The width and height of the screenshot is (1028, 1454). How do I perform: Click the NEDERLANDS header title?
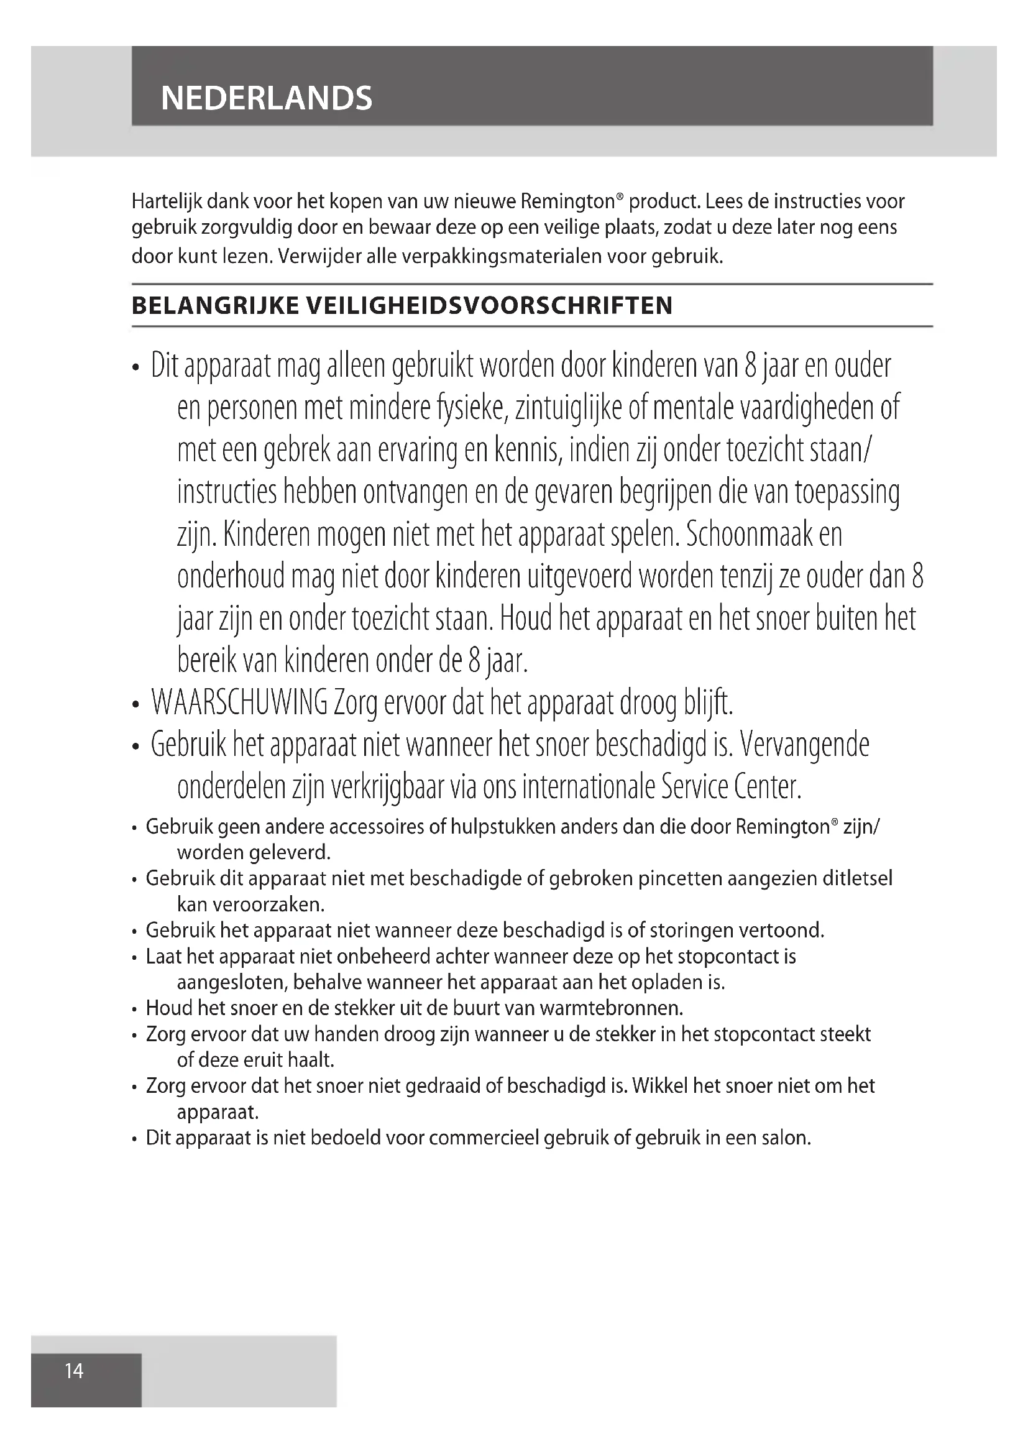(267, 98)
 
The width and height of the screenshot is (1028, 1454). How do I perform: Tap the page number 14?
(74, 1371)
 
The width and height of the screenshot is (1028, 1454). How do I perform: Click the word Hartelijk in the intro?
(167, 201)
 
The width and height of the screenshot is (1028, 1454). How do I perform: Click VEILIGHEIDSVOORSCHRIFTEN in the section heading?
(489, 306)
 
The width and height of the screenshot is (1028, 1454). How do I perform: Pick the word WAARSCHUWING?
(239, 703)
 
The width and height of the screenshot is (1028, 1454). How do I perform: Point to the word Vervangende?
(804, 745)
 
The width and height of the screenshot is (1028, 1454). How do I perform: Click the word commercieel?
(484, 1138)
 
